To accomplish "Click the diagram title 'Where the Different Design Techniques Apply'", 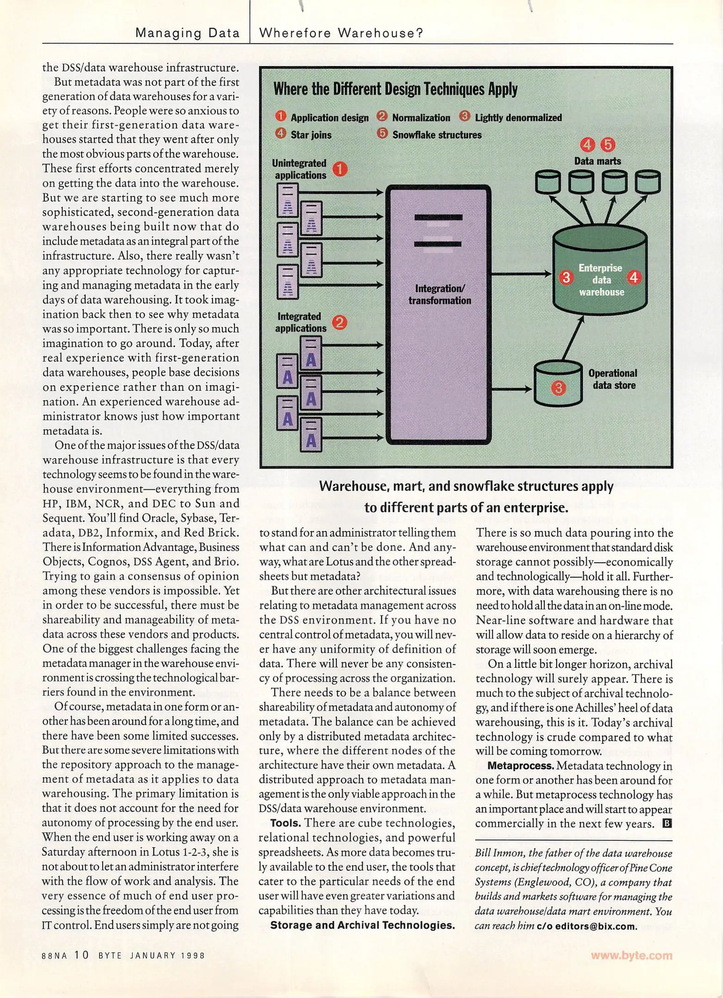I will (x=395, y=89).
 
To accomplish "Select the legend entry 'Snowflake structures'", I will (x=436, y=135).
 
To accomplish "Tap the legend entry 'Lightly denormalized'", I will (x=518, y=118).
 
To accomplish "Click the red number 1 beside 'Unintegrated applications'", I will (x=340, y=169).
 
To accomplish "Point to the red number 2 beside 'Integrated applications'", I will (x=339, y=323).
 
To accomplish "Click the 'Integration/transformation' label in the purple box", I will (x=439, y=294).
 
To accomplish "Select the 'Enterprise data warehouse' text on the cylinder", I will (x=600, y=280).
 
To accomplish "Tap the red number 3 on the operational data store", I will (x=558, y=388).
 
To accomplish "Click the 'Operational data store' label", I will (x=613, y=379).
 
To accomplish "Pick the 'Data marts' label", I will (x=597, y=161).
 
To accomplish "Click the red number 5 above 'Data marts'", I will (x=607, y=145).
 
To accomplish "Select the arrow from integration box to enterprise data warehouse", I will (x=521, y=274).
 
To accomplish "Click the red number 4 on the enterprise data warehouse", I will (x=634, y=278).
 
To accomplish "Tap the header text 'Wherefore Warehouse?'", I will (x=341, y=33).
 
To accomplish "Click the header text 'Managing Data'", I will (x=187, y=33).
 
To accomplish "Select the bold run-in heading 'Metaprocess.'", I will (x=521, y=766).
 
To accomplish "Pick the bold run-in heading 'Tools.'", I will (x=286, y=823).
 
